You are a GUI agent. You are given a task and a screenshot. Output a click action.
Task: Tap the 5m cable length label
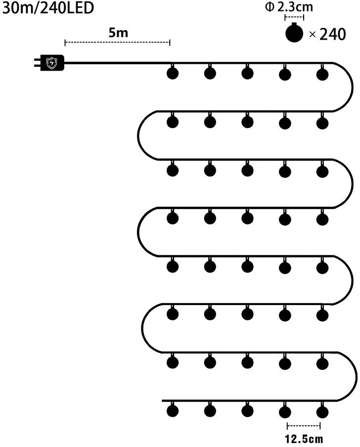pos(118,33)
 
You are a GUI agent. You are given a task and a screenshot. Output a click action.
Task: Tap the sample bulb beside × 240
pos(295,33)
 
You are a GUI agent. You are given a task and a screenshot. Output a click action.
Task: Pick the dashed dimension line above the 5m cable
pos(117,43)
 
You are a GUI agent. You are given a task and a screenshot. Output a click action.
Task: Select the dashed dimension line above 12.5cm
pos(304,426)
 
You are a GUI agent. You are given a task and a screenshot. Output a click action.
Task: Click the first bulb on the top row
pos(172,74)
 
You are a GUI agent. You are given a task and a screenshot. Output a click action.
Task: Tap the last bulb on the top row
pos(322,74)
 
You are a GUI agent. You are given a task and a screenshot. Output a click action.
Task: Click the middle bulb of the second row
pos(247,122)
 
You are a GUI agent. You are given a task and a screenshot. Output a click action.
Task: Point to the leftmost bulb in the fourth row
pos(172,218)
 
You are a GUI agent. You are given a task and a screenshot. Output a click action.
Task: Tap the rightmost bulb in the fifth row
pos(322,267)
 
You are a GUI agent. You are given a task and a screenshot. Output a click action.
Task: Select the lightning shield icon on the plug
pos(51,63)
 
